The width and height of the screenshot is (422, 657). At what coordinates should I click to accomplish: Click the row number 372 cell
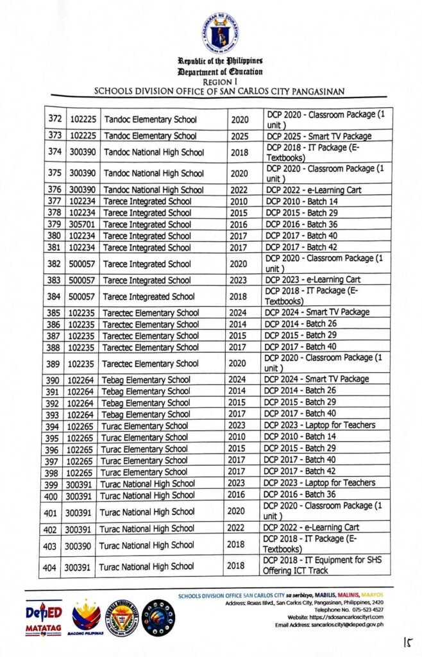55,119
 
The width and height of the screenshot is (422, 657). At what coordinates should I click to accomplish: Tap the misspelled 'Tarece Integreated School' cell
149,296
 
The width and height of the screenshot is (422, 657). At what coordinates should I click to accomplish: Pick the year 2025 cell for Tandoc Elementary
239,136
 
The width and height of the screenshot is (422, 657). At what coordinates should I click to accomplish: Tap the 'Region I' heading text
220,82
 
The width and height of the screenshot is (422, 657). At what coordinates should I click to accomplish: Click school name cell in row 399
148,483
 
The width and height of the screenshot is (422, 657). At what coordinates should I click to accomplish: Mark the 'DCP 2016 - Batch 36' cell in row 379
301,225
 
